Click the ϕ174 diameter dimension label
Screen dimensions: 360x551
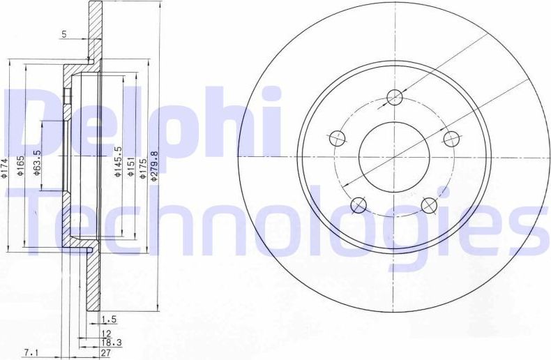(5, 168)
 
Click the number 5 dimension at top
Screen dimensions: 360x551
(64, 33)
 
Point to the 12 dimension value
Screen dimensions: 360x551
(107, 333)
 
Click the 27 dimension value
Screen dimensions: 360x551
(107, 354)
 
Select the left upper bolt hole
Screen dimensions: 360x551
(337, 137)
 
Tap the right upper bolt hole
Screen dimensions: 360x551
(451, 138)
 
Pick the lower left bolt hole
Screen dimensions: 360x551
(358, 204)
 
